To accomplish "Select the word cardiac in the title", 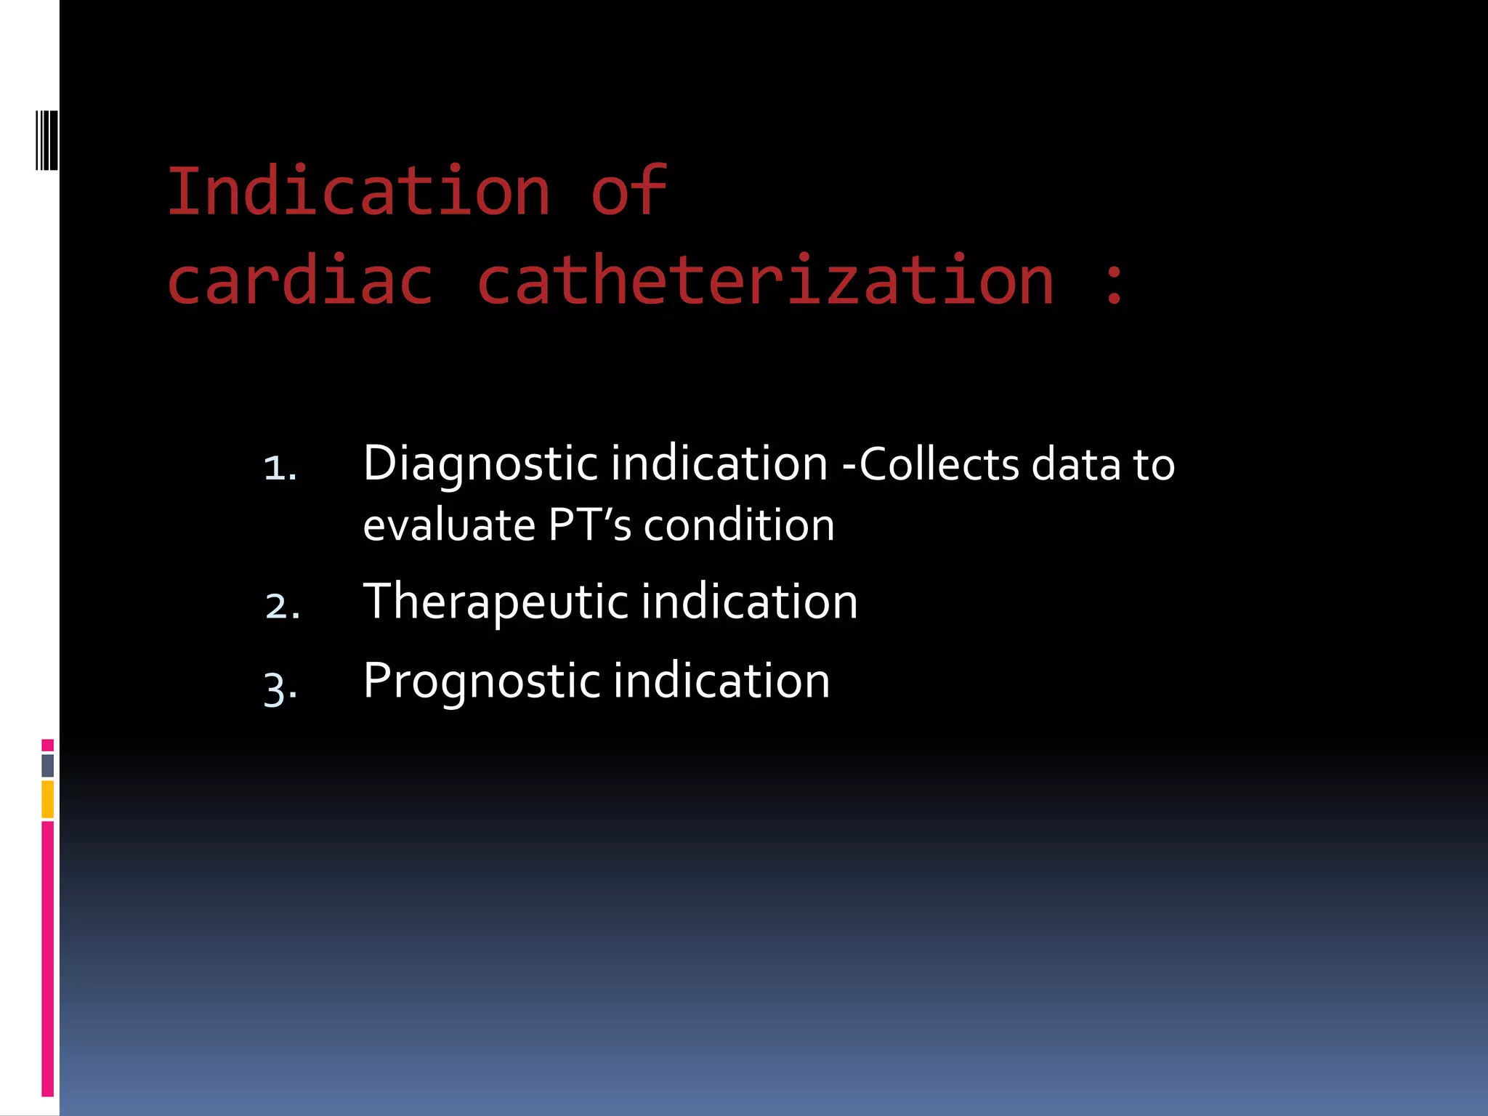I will coord(300,280).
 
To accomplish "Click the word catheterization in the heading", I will coord(765,280).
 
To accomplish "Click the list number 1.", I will coord(280,468).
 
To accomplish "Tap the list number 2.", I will coord(282,606).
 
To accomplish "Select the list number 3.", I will coord(280,687).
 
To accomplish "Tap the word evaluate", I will coord(449,525).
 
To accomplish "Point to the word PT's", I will coord(589,525).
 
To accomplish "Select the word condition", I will coord(739,525).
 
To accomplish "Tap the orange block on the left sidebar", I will coord(48,799).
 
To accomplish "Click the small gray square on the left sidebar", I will coord(48,765).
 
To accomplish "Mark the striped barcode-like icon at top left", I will coord(46,140).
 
